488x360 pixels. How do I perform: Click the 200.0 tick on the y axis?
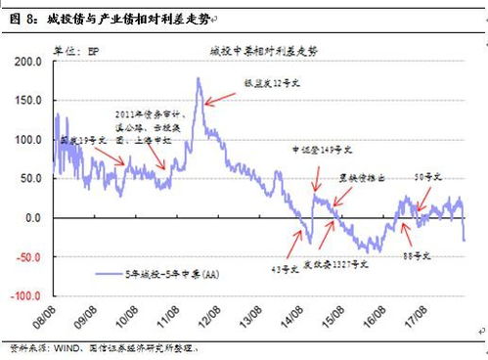[32, 62]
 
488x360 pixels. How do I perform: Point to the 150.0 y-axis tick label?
[32, 101]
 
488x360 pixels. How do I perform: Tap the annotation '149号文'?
[316, 151]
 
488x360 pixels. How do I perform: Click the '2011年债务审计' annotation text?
[144, 115]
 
